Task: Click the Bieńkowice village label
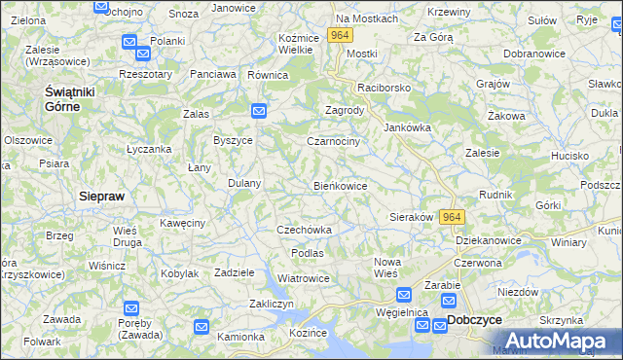click(340, 185)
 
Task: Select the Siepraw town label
click(101, 196)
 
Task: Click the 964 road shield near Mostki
click(339, 35)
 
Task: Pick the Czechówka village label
click(305, 230)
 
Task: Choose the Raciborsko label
click(384, 88)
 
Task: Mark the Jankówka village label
click(407, 127)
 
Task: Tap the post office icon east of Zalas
click(258, 111)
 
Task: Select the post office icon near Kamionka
click(202, 327)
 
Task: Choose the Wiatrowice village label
click(303, 278)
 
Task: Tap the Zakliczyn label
click(272, 304)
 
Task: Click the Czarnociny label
click(333, 141)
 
